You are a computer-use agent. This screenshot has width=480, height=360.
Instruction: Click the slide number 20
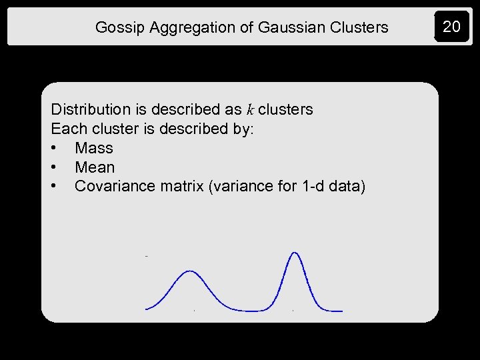(451, 27)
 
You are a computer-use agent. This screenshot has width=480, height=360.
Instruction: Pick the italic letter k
(250, 109)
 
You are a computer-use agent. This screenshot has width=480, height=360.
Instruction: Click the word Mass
(94, 148)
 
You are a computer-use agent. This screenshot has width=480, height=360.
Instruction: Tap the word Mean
(95, 167)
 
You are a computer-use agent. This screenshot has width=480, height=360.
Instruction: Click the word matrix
(181, 187)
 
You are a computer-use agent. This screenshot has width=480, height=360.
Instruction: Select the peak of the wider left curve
(191, 271)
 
